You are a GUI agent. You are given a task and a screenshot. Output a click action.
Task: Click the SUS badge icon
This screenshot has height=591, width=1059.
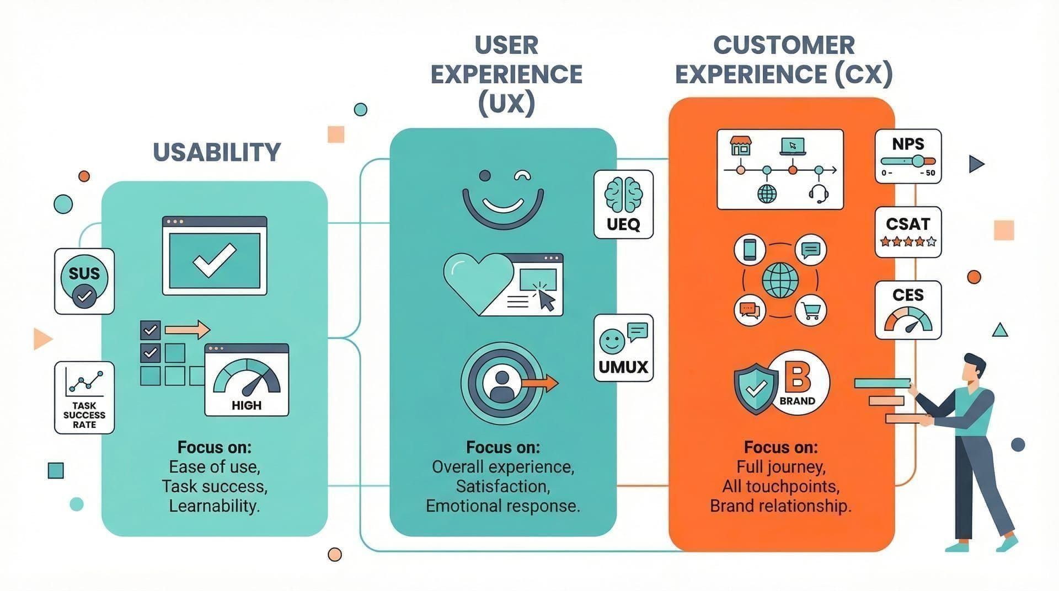click(x=84, y=281)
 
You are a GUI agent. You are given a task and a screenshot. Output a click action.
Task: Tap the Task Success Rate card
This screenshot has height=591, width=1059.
click(x=84, y=397)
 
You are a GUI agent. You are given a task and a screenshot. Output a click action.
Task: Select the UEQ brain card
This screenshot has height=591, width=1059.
click(x=623, y=204)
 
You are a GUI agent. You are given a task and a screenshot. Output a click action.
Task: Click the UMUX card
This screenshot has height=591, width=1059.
click(x=623, y=348)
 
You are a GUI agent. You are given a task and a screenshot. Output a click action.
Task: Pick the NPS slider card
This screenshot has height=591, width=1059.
click(x=908, y=157)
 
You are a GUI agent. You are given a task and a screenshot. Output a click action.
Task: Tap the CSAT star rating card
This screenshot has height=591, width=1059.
click(x=908, y=232)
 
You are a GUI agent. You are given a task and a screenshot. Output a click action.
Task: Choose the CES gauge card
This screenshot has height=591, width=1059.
click(x=908, y=310)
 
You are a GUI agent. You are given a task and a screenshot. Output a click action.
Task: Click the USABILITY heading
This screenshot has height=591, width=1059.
click(x=217, y=152)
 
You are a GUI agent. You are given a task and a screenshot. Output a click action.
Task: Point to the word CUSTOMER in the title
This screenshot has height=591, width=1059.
click(x=784, y=46)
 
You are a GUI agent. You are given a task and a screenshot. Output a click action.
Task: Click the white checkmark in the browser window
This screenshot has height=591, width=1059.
click(x=214, y=260)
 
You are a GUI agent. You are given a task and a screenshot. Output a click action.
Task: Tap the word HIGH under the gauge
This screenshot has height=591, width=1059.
click(x=246, y=405)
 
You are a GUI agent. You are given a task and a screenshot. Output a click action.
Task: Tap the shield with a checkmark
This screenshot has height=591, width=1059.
click(x=755, y=388)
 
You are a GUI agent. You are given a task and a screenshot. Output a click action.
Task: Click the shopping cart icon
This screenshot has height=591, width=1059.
click(x=811, y=311)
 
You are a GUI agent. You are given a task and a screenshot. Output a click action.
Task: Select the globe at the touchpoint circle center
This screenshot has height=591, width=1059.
click(x=780, y=280)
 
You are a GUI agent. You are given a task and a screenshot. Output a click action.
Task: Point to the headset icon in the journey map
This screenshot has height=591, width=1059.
click(x=819, y=194)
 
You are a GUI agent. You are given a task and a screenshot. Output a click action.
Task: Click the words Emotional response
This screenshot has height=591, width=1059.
click(x=502, y=506)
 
